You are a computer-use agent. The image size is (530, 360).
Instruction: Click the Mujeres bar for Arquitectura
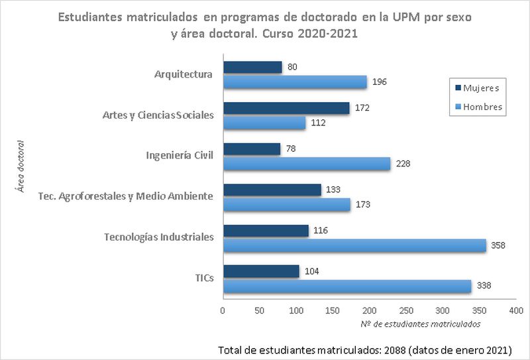252,67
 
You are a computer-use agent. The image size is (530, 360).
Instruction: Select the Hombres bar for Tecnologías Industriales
354,245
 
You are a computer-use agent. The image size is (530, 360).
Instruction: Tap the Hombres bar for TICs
347,286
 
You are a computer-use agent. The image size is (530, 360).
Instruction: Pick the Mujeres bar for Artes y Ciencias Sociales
286,108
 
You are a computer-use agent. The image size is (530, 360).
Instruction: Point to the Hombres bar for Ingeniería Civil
307,164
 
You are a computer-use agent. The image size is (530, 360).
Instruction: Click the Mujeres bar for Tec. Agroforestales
272,190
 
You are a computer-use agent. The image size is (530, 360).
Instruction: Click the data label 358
498,246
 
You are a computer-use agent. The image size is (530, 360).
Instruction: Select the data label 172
361,107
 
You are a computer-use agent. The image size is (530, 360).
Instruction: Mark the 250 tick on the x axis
406,310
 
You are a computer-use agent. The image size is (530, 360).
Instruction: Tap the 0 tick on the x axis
223,310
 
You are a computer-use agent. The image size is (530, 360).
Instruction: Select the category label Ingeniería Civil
180,156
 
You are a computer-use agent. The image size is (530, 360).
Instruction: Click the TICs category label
204,278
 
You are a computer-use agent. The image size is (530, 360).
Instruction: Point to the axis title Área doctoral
21,166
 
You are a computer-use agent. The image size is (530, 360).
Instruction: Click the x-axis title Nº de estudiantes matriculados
420,324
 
